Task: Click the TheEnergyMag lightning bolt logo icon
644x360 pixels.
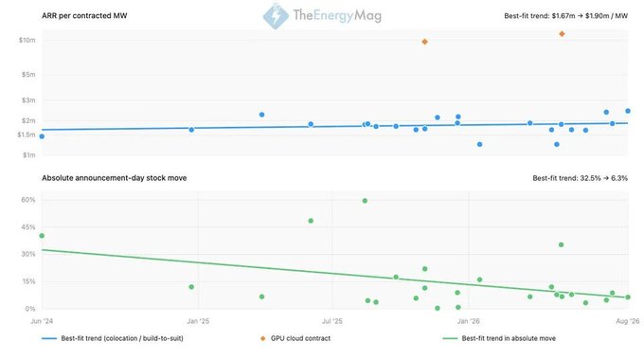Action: click(x=276, y=15)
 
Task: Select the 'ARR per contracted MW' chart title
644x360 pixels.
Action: click(x=84, y=15)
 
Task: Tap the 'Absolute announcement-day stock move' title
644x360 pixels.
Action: click(x=115, y=178)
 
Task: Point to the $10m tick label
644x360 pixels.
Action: click(x=27, y=41)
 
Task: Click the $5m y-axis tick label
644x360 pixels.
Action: click(x=28, y=75)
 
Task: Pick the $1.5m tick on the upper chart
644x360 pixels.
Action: click(x=27, y=135)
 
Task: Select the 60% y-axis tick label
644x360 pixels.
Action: click(x=28, y=200)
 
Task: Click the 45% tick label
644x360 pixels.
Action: click(x=28, y=227)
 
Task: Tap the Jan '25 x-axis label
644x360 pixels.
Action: click(x=198, y=321)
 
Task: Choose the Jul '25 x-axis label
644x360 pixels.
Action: click(x=331, y=321)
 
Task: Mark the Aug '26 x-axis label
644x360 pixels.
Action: click(x=628, y=321)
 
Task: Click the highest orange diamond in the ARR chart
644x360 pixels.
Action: click(x=562, y=34)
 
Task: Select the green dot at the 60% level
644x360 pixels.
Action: click(x=365, y=201)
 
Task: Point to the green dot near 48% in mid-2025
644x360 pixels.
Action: click(x=311, y=221)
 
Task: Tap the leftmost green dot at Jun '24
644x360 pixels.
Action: click(x=42, y=236)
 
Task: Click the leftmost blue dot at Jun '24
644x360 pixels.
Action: click(x=42, y=136)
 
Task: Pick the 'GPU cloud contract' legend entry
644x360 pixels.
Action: click(x=295, y=338)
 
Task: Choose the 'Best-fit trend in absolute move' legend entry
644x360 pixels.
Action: click(x=499, y=338)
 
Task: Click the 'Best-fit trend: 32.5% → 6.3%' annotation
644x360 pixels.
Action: click(x=580, y=178)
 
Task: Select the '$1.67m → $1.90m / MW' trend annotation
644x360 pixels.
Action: click(x=590, y=16)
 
